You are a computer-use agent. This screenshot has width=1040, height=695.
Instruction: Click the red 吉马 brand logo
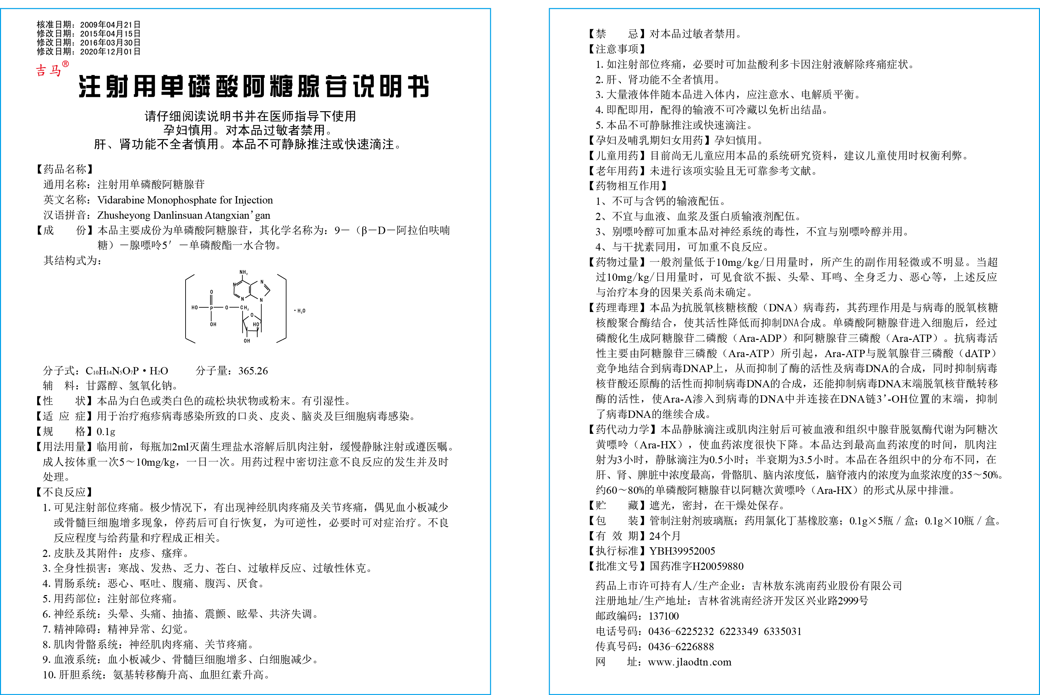click(49, 70)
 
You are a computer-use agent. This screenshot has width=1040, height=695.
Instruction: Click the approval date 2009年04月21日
click(110, 24)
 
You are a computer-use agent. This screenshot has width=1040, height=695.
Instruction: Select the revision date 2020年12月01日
click(110, 51)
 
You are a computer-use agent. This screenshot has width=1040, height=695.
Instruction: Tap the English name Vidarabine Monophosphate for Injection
click(185, 200)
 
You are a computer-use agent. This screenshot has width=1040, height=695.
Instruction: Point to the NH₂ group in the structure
click(243, 272)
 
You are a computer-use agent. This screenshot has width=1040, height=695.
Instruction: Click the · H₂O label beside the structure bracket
click(300, 310)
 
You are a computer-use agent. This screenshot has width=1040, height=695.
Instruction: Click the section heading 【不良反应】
click(64, 492)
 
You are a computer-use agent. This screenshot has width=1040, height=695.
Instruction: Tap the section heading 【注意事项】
click(617, 49)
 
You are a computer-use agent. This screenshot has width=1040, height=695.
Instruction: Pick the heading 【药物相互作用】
click(628, 186)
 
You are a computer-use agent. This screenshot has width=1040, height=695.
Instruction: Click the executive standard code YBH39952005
click(682, 551)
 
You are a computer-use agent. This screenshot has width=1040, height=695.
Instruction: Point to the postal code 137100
click(663, 616)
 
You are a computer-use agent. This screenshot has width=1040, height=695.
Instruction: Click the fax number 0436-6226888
click(681, 647)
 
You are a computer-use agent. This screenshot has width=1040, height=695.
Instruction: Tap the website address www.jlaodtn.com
click(689, 662)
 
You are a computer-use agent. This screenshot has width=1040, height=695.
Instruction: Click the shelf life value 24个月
click(665, 536)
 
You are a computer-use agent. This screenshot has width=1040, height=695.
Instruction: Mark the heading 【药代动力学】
click(622, 429)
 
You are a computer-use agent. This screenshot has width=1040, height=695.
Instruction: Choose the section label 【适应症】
click(64, 416)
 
